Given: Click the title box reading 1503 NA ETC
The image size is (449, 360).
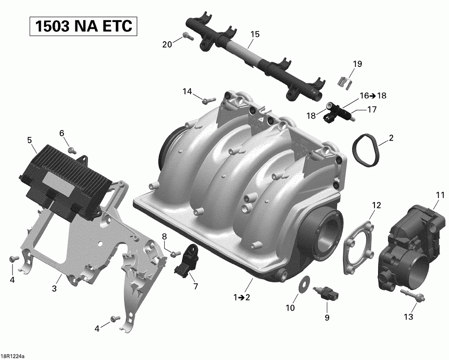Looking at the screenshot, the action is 84,26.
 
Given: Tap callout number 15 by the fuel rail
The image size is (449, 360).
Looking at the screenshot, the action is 255,35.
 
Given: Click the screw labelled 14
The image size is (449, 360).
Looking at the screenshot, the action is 208,101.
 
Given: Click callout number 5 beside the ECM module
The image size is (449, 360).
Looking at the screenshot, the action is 30,140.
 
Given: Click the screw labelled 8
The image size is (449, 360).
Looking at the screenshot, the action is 175,254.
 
